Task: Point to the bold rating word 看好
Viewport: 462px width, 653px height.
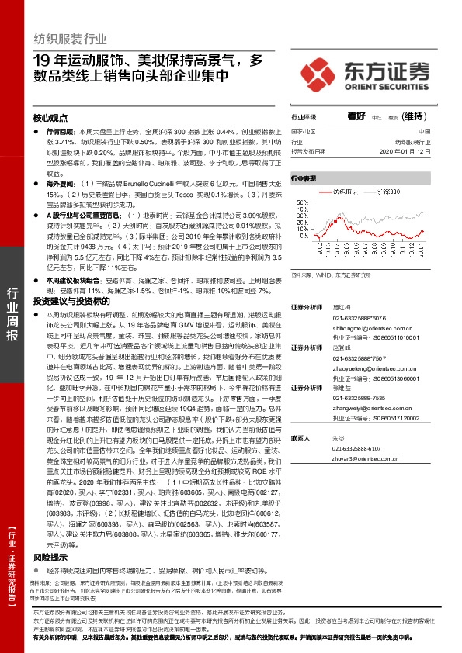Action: pos(356,116)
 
